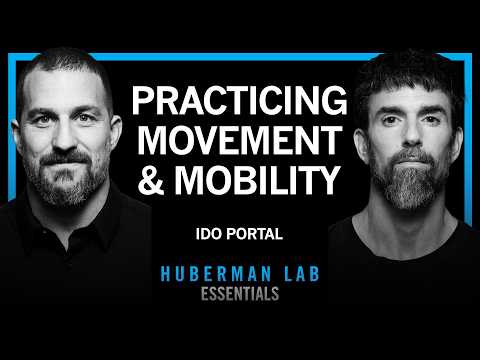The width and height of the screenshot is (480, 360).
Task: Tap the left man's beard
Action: tap(75, 195)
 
